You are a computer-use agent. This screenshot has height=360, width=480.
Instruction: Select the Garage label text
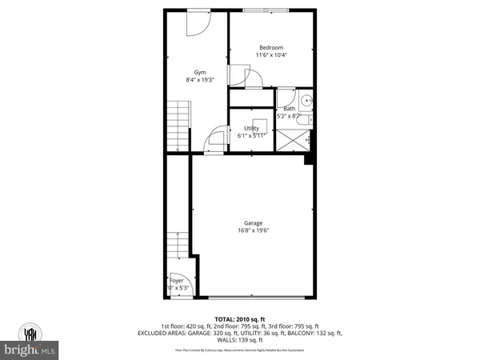[x=254, y=223]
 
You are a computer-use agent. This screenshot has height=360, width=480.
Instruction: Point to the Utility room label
[x=251, y=129]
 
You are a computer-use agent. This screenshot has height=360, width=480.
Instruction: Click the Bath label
[x=288, y=109]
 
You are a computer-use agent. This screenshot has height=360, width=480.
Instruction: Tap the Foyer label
[x=176, y=281]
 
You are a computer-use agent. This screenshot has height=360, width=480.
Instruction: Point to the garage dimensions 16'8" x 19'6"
[x=254, y=230]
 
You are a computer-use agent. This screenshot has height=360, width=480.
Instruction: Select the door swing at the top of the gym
[x=197, y=24]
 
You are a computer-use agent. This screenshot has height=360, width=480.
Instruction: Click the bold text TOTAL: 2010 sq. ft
[x=240, y=319]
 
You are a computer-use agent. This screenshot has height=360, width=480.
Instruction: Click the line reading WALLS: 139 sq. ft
[x=240, y=342]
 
